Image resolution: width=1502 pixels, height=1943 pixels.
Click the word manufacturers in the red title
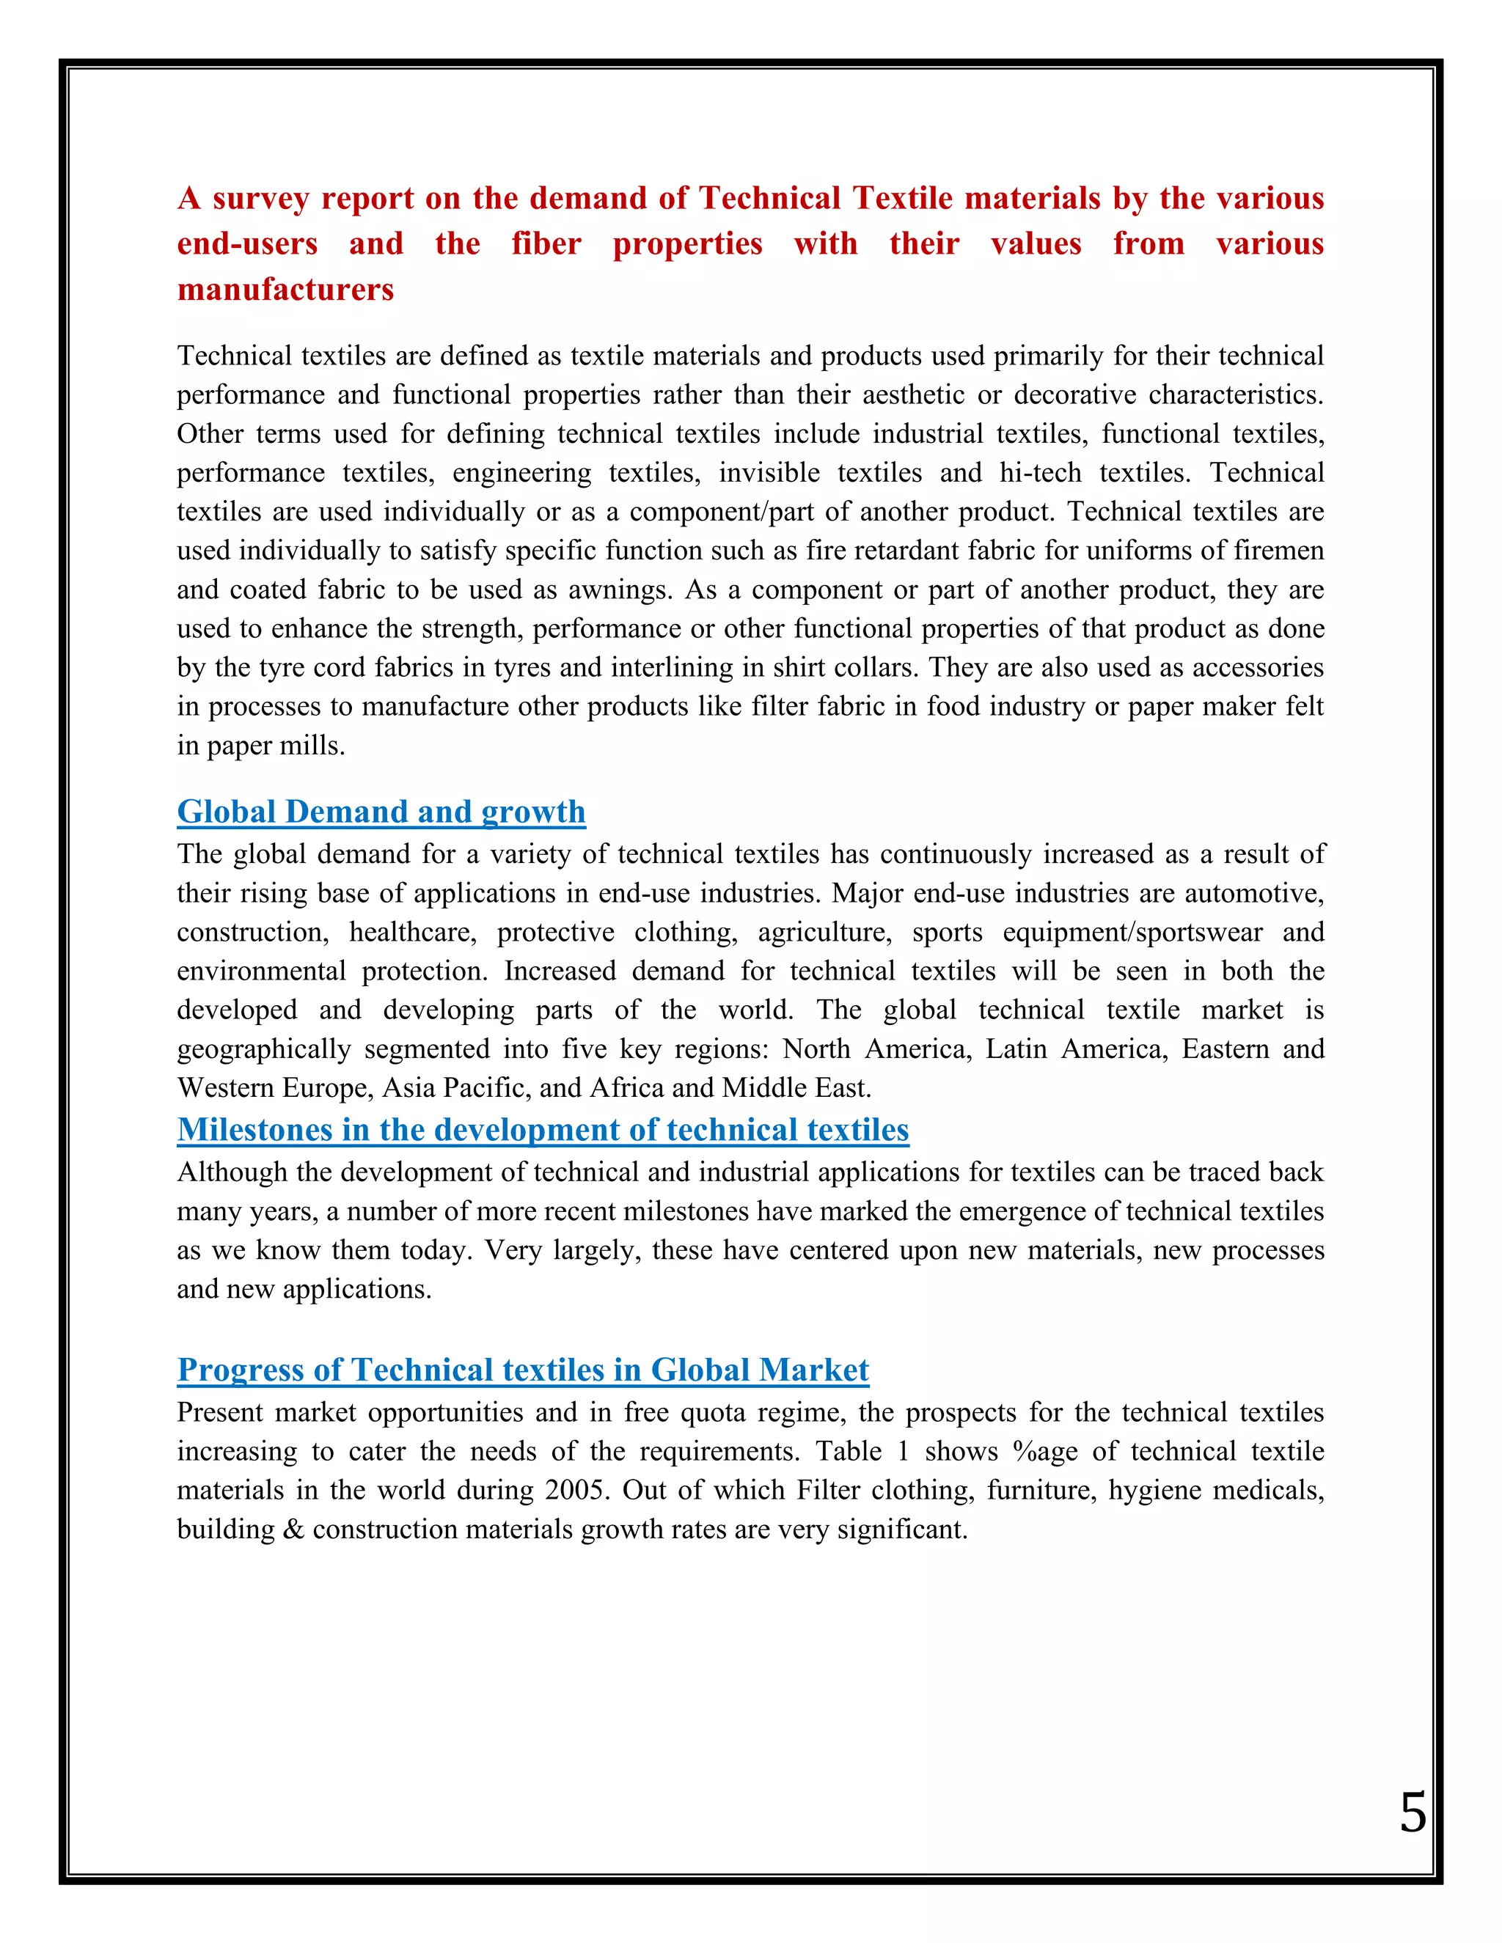(x=285, y=290)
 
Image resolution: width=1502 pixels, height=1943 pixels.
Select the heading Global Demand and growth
(x=381, y=812)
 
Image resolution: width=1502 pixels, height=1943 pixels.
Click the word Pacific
(x=485, y=1088)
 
